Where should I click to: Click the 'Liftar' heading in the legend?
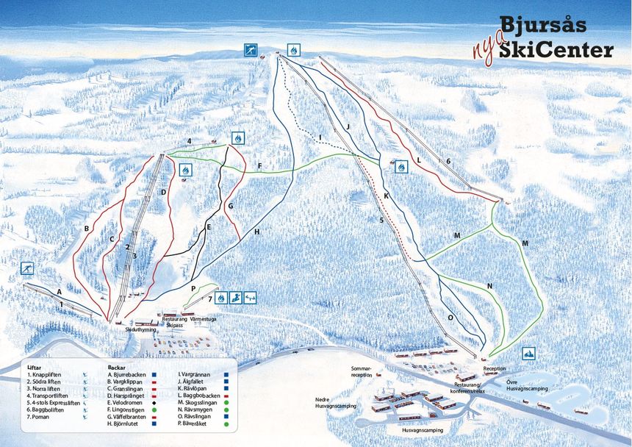pos(33,366)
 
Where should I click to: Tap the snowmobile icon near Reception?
pos(528,354)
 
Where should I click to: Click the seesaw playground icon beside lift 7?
pos(251,298)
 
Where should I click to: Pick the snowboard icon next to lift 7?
pos(236,298)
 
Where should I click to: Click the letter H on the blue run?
pos(257,232)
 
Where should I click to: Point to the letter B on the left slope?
pos(87,229)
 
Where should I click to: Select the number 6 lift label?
pos(448,161)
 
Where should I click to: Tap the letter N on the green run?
pos(489,286)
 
